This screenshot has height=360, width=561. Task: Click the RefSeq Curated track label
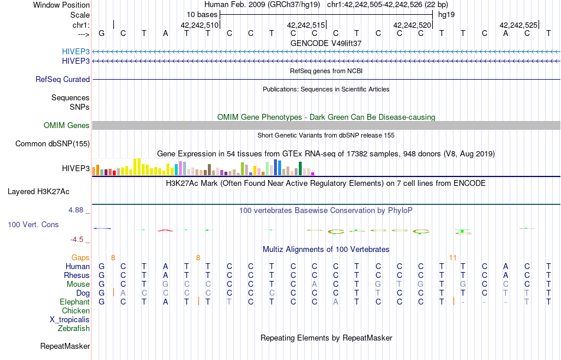point(63,79)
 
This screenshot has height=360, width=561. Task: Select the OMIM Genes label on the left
point(67,125)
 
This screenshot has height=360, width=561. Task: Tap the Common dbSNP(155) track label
point(53,143)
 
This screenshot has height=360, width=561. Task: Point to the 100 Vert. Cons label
point(33,225)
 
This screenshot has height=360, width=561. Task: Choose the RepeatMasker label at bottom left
point(65,346)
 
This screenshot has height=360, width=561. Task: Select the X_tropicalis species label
point(70,319)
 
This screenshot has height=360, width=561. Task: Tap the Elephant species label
point(74,302)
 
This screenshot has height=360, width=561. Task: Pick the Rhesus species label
point(77,275)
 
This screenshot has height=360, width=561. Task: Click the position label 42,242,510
point(200,25)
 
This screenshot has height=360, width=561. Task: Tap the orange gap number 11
point(453,257)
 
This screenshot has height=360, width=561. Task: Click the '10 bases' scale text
point(201,14)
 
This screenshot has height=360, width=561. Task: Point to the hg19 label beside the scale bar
point(445,14)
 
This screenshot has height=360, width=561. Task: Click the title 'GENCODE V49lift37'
point(326,43)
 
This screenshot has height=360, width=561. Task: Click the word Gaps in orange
point(80,257)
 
